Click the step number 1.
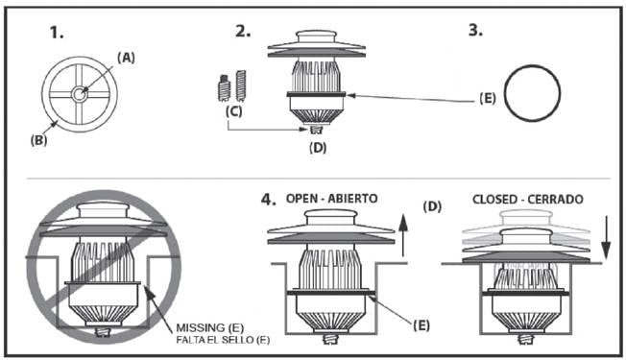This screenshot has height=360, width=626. point(57,33)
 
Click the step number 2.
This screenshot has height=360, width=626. point(243,31)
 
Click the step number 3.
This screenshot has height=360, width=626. point(475,30)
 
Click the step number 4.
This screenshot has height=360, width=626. point(268,199)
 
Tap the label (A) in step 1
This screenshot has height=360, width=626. point(126,58)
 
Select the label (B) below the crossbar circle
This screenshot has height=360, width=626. point(38,140)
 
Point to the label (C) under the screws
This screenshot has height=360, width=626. point(233,111)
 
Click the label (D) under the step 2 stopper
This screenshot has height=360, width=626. point(318,148)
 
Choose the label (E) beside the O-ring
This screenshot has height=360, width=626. point(488,98)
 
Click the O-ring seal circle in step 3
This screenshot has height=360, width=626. point(532,66)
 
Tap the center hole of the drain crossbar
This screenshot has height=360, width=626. point(79,95)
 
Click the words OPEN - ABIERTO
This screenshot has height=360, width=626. point(332,199)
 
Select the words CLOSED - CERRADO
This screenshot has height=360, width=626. point(528,199)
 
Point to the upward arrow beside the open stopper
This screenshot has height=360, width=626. point(403,235)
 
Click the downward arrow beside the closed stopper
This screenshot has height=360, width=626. point(606,238)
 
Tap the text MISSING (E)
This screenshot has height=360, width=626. point(210,328)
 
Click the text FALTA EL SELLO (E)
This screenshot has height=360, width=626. point(223,340)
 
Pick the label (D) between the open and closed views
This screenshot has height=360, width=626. point(432,206)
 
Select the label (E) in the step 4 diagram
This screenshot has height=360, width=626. point(421,325)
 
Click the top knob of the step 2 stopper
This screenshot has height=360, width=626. point(316,37)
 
